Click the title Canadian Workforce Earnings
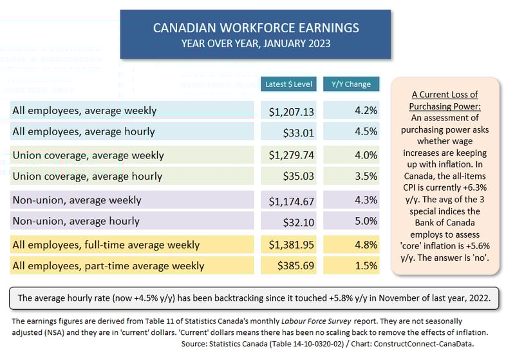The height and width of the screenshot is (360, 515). coord(256,28)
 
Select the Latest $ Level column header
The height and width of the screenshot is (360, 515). coord(288,84)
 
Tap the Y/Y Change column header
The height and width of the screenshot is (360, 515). coord(351,84)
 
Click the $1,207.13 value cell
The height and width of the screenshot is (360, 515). coord(292,111)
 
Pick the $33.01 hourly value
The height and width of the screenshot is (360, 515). coord(299,133)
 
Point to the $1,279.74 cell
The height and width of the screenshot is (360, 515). coord(292,156)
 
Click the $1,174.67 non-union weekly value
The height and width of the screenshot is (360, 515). coord(292,201)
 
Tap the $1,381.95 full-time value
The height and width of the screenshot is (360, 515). coord(292,245)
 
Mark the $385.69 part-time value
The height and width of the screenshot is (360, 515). coord(295,266)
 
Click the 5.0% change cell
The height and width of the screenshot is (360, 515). coord(366,221)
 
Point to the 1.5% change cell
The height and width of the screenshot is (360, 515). coord(366,265)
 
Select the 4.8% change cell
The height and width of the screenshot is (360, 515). coord(366,245)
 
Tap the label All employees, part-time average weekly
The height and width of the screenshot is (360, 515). coord(108,265)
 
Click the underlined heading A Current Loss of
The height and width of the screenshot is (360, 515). coord(445,95)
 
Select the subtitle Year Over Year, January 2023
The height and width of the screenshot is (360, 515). coord(256,44)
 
